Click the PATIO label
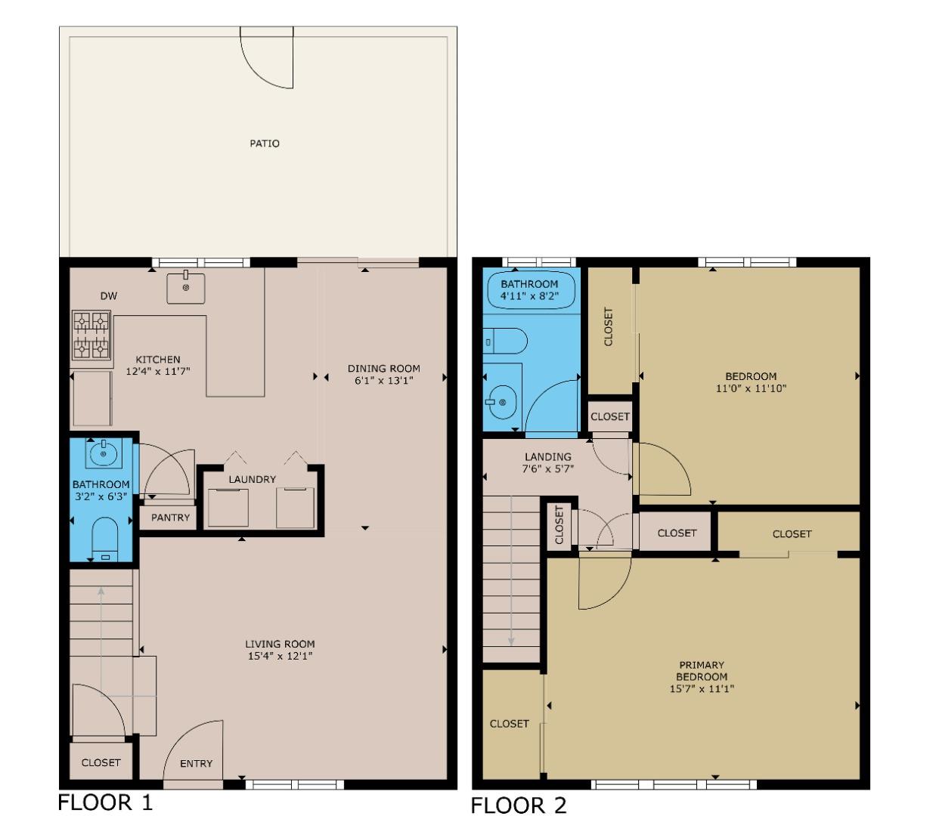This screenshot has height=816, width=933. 265,144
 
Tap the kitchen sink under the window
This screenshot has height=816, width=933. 186,288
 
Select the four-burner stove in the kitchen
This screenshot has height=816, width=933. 91,335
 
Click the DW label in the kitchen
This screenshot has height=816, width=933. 109,296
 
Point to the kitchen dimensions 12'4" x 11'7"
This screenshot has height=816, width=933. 157,372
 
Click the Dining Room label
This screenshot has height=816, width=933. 383,369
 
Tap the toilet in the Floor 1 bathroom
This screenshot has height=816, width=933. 104,539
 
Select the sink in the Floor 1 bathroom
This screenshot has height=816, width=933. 103,454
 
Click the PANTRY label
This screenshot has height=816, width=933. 170,518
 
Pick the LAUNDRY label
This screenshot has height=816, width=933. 252,479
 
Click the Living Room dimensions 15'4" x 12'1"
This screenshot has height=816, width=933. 280,656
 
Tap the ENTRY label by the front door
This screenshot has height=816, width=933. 196,764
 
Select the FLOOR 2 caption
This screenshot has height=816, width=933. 518,805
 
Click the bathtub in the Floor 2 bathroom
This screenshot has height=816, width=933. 529,290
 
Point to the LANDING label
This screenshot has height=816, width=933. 547,456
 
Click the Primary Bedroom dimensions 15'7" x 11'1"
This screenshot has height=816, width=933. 702,688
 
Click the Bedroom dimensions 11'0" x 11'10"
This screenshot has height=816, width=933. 751,388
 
